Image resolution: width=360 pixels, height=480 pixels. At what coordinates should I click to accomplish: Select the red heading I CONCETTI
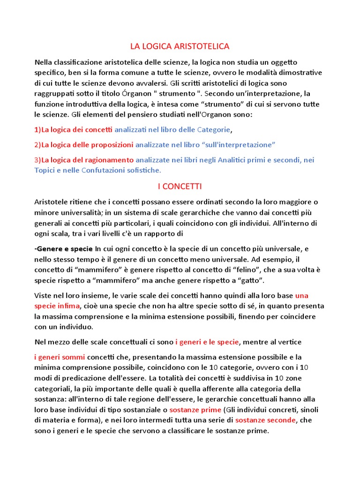180,187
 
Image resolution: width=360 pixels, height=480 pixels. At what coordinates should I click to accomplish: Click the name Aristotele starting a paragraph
52,202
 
